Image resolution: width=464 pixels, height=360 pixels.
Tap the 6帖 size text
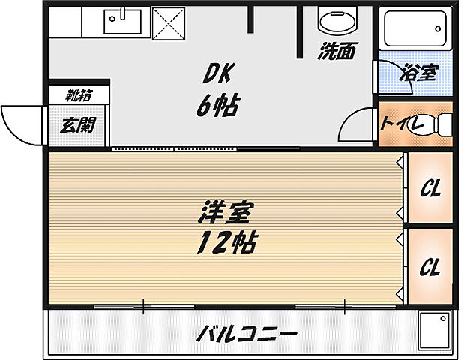217,106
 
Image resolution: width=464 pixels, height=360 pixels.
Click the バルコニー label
247,332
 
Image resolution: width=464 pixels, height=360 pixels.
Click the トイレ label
402,121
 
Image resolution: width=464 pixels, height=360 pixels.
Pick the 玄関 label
78,124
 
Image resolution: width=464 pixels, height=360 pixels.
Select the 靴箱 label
77,95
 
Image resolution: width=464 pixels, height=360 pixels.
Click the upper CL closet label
429,190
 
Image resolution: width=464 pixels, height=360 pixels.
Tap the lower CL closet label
429,266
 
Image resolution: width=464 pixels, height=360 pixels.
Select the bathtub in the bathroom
415,29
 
